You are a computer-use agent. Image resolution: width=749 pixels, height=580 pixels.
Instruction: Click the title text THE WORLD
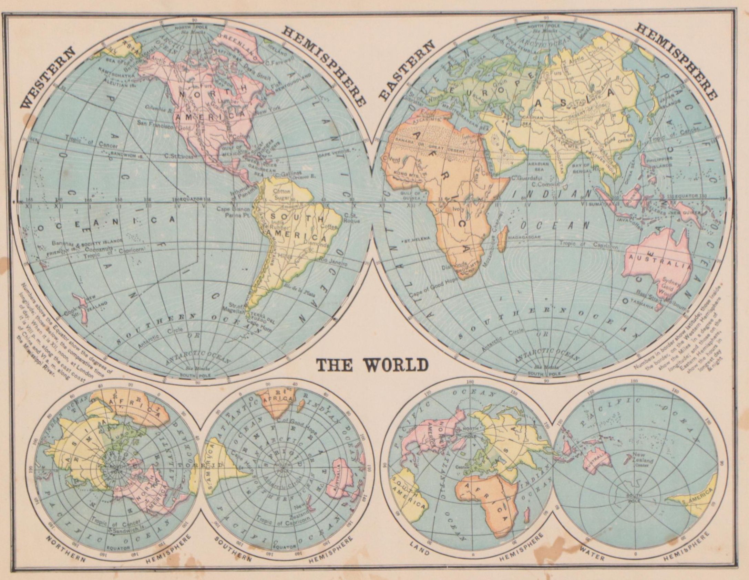point(371,366)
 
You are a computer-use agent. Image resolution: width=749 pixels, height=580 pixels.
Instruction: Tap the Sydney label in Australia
point(670,284)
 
